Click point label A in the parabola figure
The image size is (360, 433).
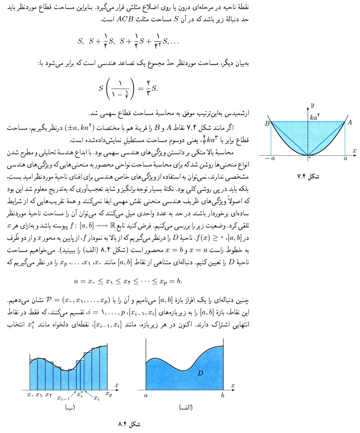pyautogui.click(x=349, y=122)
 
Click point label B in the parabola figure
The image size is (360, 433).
pyautogui.click(x=267, y=123)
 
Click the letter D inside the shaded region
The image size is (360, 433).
pyautogui.click(x=201, y=373)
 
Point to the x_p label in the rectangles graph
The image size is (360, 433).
pyautogui.click(x=108, y=394)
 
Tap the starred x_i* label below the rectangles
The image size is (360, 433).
pyautogui.click(x=79, y=394)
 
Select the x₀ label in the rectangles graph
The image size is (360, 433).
pyautogui.click(x=30, y=394)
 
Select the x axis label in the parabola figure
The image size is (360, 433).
pyautogui.click(x=354, y=150)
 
